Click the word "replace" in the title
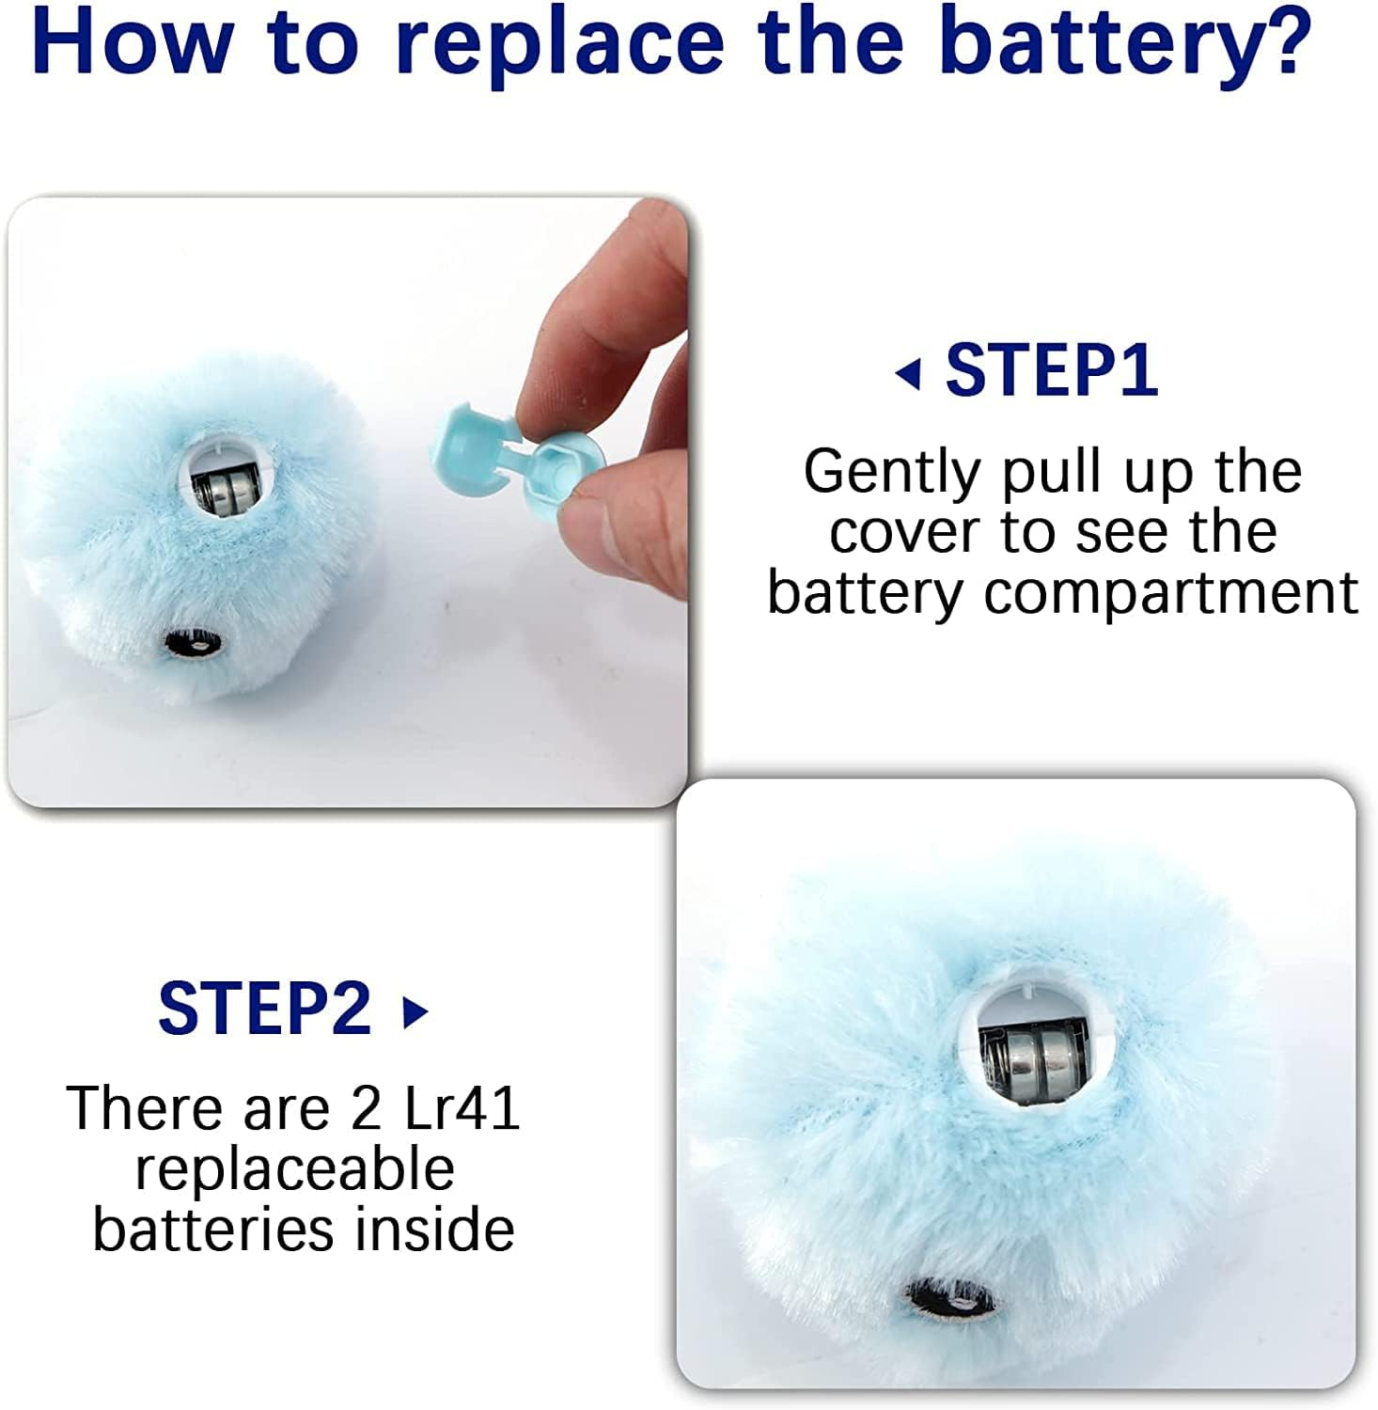(x=558, y=42)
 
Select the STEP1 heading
(x=1052, y=370)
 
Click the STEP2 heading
(x=265, y=1009)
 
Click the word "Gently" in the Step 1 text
(x=891, y=473)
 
